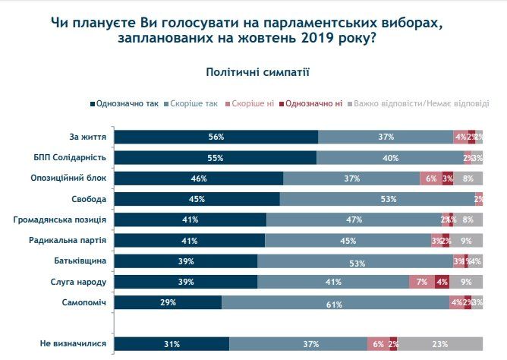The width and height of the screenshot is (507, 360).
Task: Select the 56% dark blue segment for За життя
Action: pyautogui.click(x=216, y=137)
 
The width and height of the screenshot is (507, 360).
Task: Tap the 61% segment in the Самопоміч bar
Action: pyautogui.click(x=335, y=302)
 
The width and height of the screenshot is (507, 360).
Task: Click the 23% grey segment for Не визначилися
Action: pyautogui.click(x=440, y=344)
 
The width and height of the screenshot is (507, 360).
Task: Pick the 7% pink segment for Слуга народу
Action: pyautogui.click(x=423, y=282)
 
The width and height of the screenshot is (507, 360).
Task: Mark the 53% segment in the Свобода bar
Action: pyautogui.click(x=377, y=199)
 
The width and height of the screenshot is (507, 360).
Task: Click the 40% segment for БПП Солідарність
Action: pyautogui.click(x=390, y=158)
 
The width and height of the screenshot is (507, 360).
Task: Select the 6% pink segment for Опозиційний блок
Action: pyautogui.click(x=430, y=178)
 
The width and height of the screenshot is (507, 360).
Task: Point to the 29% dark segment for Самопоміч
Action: pyautogui.click(x=168, y=302)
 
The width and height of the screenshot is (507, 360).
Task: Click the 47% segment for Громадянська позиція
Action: pyautogui.click(x=353, y=219)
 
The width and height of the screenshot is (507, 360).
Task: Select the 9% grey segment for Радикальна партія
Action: pyautogui.click(x=467, y=240)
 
